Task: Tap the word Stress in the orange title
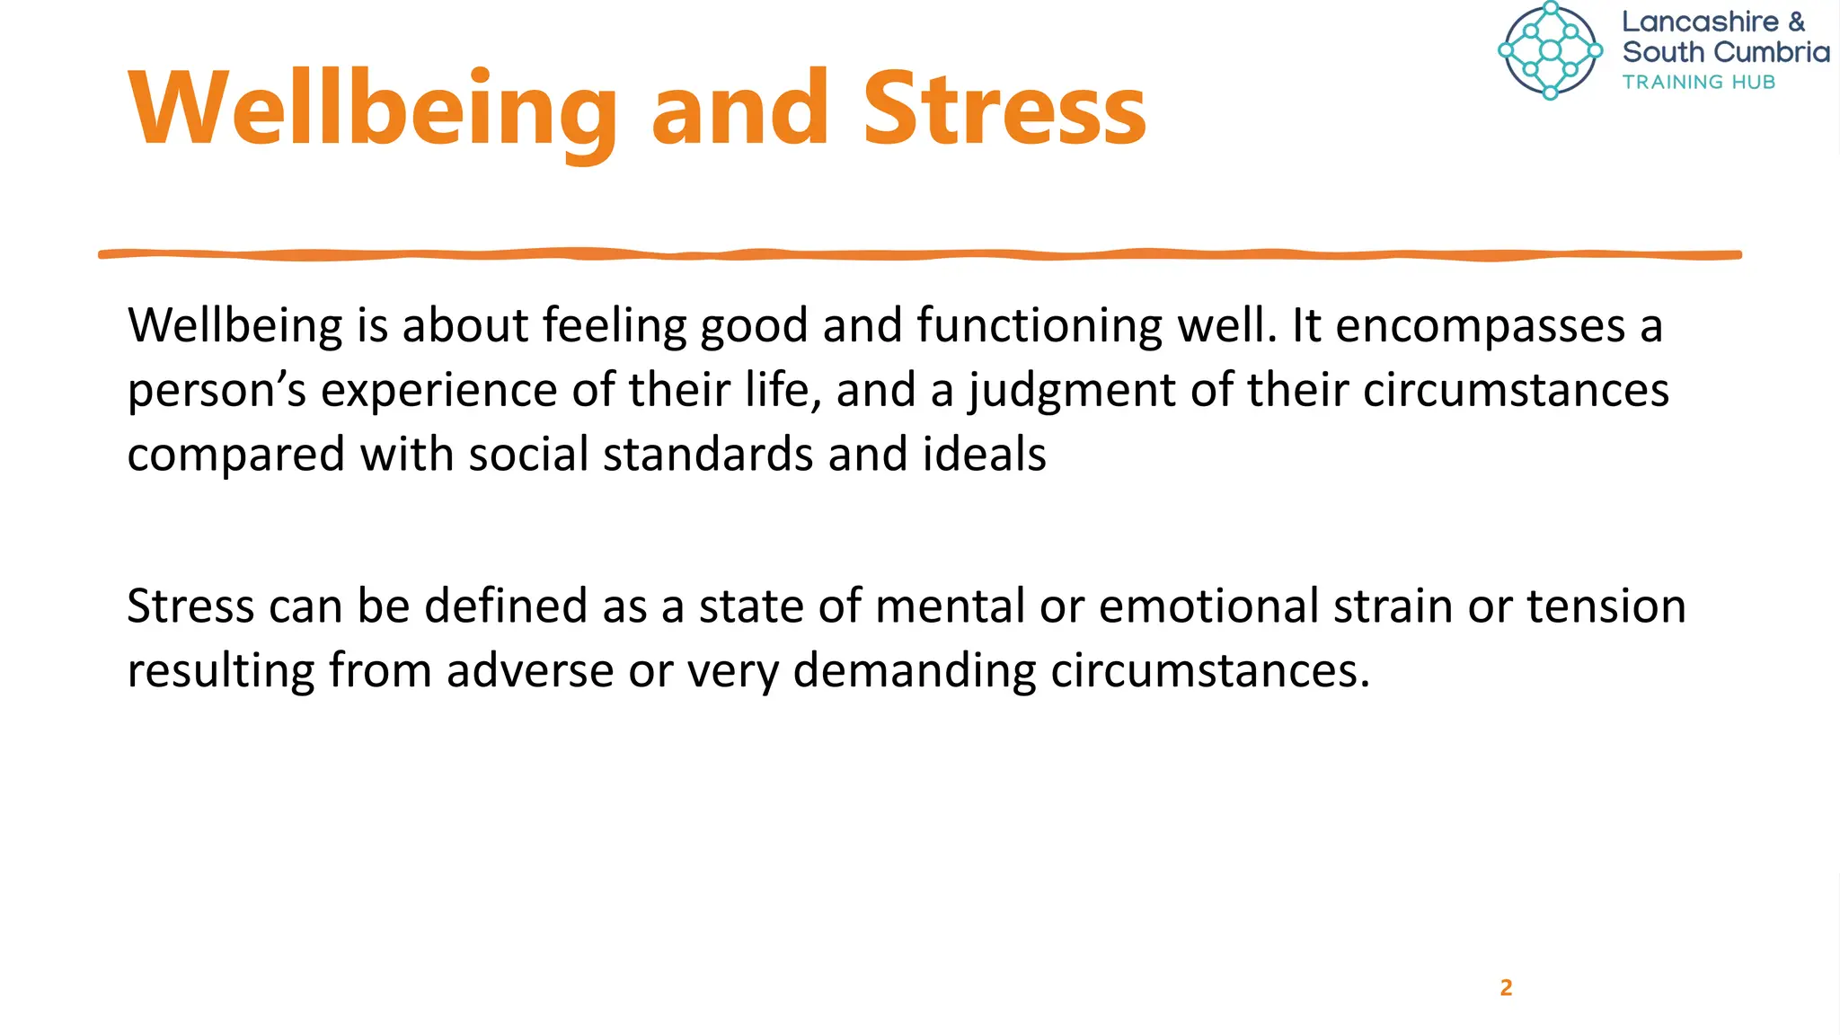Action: coord(1004,110)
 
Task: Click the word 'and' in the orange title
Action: coord(739,110)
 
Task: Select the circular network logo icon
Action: coord(1550,50)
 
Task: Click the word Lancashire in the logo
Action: coord(1700,22)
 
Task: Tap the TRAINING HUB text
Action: coord(1698,82)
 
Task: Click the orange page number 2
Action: coord(1506,987)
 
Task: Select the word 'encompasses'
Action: coord(1480,326)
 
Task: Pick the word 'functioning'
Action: coord(1039,326)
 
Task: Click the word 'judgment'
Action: coord(1071,392)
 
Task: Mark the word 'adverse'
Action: coord(530,671)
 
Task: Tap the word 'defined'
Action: coord(506,606)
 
